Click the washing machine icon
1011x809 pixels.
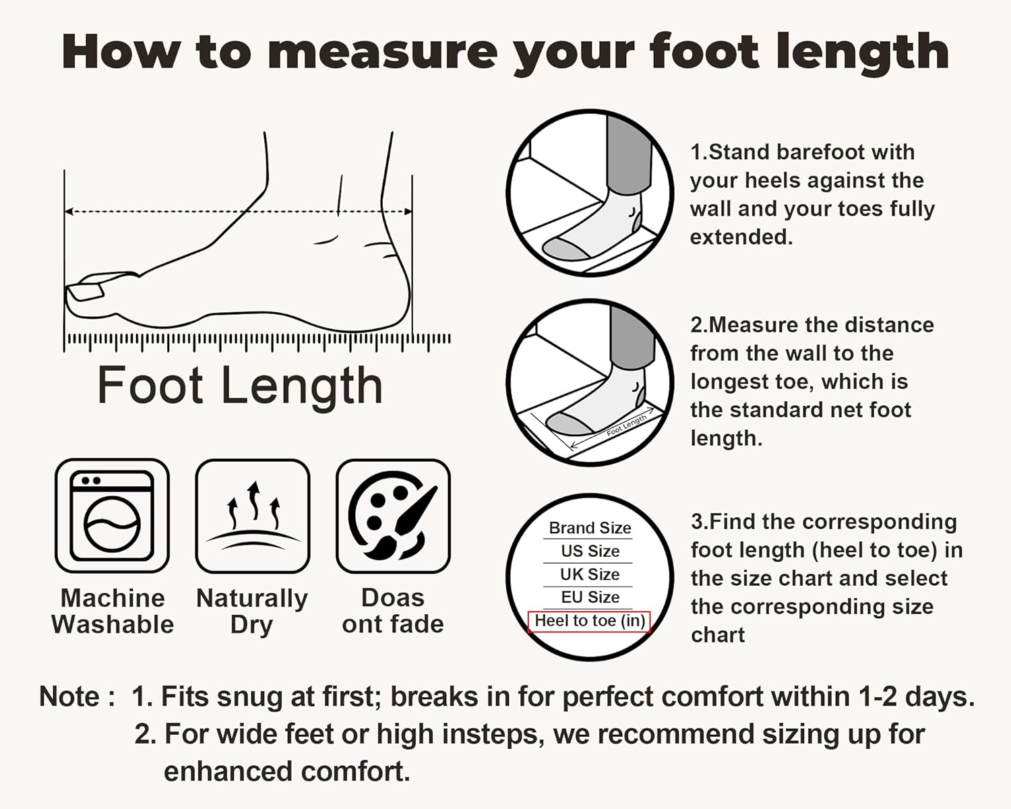coord(112,515)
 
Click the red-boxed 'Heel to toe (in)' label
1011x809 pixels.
coord(589,621)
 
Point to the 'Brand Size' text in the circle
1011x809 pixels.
coord(590,528)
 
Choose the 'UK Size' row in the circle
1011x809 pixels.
coord(590,574)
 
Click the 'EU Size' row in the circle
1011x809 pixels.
coord(590,597)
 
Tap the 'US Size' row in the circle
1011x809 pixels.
coord(590,551)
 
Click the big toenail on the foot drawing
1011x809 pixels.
coord(86,291)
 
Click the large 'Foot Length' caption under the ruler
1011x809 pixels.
coord(240,386)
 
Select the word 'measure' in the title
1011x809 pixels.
coord(382,52)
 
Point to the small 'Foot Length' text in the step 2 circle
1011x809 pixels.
coord(626,425)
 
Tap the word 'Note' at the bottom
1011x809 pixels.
coord(70,696)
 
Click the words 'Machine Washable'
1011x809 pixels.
coord(113,611)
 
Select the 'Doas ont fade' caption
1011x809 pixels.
coord(393,611)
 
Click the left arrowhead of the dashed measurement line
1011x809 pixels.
coord(69,212)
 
